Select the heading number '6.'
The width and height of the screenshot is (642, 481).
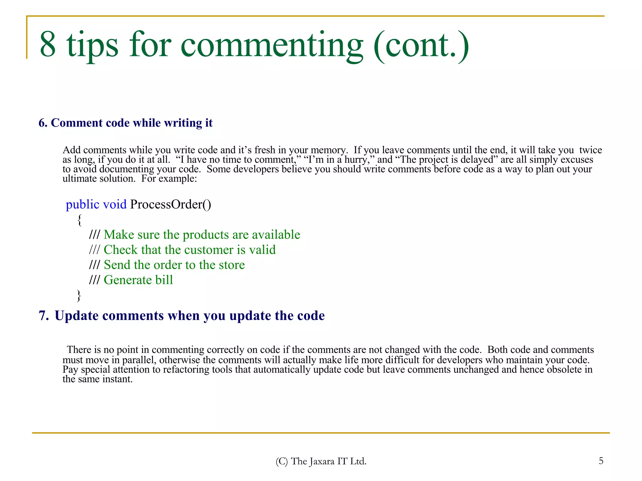pyautogui.click(x=43, y=123)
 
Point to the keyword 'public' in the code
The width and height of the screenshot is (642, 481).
pyautogui.click(x=82, y=204)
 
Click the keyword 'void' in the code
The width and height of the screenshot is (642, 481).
pyautogui.click(x=115, y=204)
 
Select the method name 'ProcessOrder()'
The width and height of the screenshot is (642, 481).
pyautogui.click(x=171, y=204)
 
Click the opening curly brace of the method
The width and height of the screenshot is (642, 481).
pyautogui.click(x=79, y=220)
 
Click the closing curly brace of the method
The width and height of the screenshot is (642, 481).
pyautogui.click(x=79, y=295)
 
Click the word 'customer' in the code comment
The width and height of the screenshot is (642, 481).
pyautogui.click(x=209, y=250)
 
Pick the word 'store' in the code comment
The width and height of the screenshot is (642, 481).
pyautogui.click(x=231, y=265)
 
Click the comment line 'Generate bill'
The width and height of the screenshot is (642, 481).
pyautogui.click(x=138, y=280)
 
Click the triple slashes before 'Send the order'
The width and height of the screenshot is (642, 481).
pyautogui.click(x=94, y=265)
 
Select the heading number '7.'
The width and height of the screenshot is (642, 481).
pyautogui.click(x=44, y=316)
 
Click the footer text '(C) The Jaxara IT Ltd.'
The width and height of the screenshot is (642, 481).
pyautogui.click(x=321, y=461)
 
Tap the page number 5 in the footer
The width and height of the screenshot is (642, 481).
pyautogui.click(x=601, y=461)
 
